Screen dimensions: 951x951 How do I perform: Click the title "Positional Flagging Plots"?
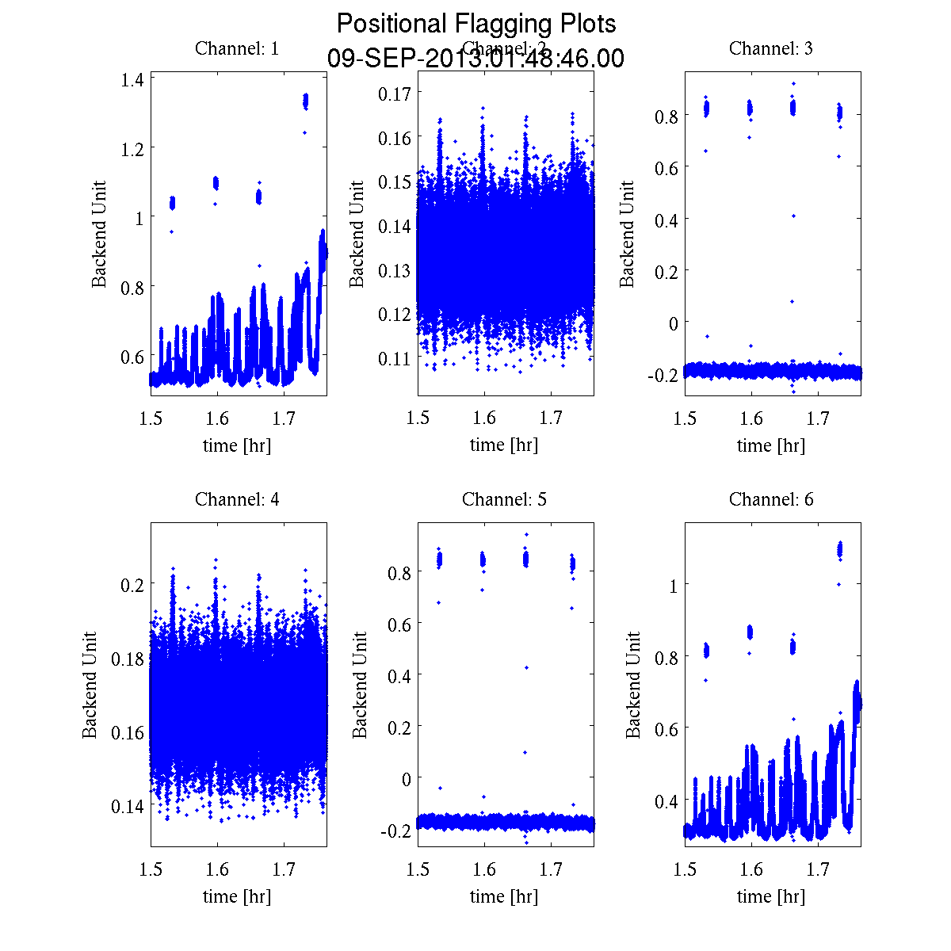click(x=475, y=24)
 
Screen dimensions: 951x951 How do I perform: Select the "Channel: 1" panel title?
click(x=237, y=48)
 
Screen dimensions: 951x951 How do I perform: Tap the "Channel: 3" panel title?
click(x=771, y=48)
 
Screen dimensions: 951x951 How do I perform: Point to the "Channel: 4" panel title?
click(x=237, y=499)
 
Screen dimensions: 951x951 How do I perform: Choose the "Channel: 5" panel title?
click(x=504, y=499)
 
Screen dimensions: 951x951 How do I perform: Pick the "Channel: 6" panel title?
click(x=771, y=499)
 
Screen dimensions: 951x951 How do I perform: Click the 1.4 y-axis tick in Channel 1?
click(x=132, y=78)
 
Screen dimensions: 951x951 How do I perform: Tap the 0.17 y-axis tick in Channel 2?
click(x=395, y=94)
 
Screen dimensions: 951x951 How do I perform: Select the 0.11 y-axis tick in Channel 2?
click(x=395, y=358)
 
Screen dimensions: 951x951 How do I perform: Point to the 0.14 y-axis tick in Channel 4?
click(x=127, y=806)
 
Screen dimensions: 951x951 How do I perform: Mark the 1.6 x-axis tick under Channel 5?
click(x=484, y=870)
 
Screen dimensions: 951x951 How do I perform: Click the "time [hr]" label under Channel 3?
click(x=771, y=445)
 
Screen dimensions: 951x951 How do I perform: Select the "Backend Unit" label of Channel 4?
click(x=90, y=685)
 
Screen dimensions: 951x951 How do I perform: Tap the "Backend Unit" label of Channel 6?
click(x=633, y=685)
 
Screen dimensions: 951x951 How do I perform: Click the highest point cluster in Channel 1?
click(x=306, y=101)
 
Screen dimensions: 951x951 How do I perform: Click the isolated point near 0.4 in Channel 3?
click(x=792, y=216)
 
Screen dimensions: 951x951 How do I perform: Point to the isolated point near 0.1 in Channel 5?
click(x=525, y=752)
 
